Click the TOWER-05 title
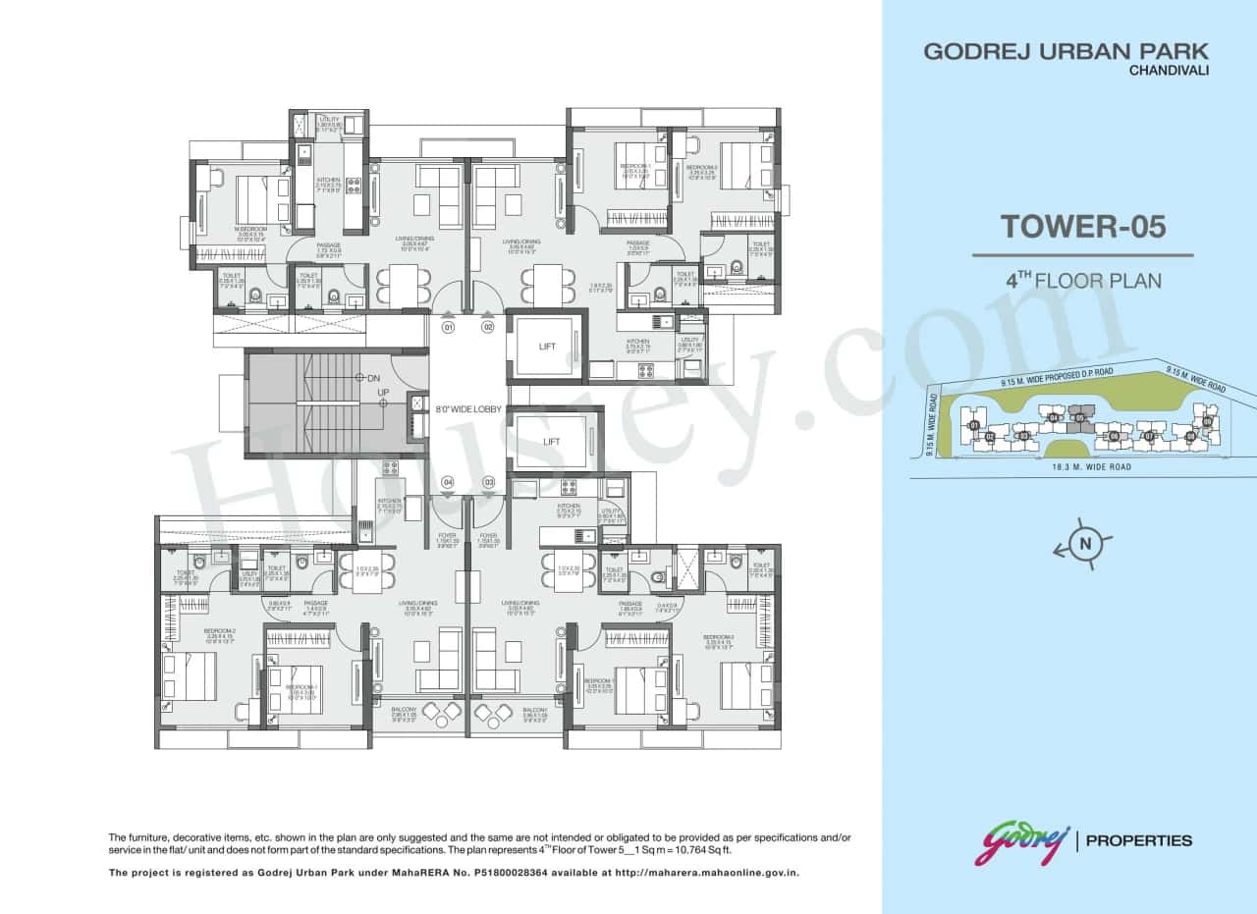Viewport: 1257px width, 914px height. pyautogui.click(x=1083, y=227)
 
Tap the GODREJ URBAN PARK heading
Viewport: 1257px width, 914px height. pyautogui.click(x=1066, y=51)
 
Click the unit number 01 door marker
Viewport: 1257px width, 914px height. pyautogui.click(x=448, y=327)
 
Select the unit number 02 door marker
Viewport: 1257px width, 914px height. pyautogui.click(x=488, y=327)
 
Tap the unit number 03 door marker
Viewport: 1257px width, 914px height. pyautogui.click(x=488, y=482)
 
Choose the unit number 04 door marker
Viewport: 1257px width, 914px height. pyautogui.click(x=448, y=482)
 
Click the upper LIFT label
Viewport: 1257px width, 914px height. pyautogui.click(x=547, y=347)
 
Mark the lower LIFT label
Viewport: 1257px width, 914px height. pyautogui.click(x=551, y=442)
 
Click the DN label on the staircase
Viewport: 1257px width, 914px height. pyautogui.click(x=373, y=377)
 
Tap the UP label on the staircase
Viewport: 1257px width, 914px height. pyautogui.click(x=384, y=393)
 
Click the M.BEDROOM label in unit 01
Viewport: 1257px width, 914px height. pyautogui.click(x=249, y=231)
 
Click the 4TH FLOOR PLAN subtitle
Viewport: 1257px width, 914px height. pyautogui.click(x=1083, y=280)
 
